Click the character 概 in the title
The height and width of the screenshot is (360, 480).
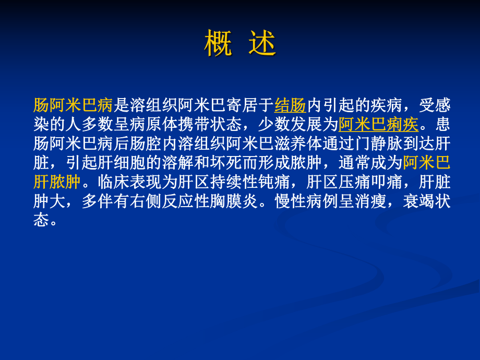(218, 44)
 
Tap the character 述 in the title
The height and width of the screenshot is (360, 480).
(262, 44)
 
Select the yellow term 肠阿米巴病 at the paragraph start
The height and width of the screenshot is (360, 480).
(73, 105)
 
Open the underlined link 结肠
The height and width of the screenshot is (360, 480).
(290, 105)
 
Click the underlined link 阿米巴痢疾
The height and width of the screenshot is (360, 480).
(378, 125)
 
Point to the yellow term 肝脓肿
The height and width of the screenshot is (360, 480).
(57, 183)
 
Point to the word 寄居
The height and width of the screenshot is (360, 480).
(242, 105)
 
